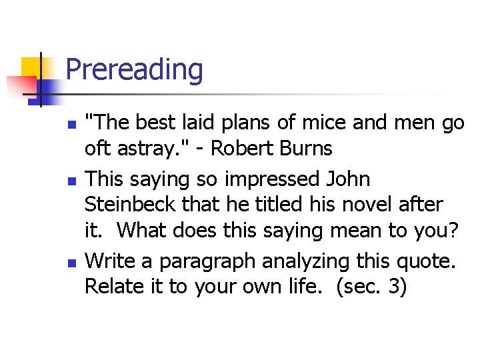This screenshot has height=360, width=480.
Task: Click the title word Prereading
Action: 135,70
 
